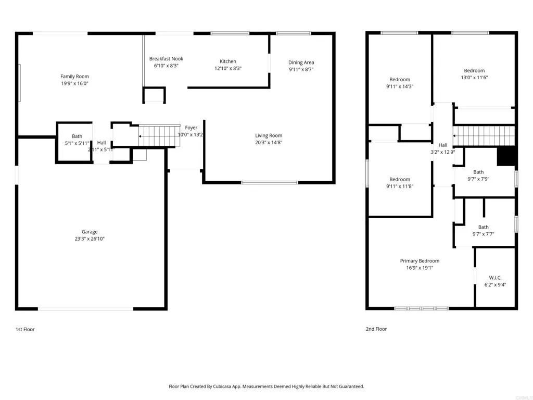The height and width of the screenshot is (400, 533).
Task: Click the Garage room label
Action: click(x=90, y=232)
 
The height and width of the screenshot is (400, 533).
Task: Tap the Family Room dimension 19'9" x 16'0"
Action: click(x=74, y=84)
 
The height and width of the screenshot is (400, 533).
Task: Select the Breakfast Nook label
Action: click(x=166, y=59)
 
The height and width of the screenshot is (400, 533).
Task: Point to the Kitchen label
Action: click(x=228, y=61)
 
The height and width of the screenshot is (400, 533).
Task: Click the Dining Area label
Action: click(x=301, y=63)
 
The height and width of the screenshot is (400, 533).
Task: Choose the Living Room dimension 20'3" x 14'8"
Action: click(x=269, y=143)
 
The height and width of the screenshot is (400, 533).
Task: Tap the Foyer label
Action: click(x=191, y=128)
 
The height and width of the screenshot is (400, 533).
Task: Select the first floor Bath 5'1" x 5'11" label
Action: click(x=77, y=136)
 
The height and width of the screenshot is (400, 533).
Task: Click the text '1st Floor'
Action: click(x=25, y=329)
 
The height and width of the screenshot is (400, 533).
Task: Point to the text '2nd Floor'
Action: click(x=376, y=329)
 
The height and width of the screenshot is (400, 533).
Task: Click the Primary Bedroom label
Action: click(x=420, y=261)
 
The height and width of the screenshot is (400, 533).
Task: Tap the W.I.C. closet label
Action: click(x=495, y=278)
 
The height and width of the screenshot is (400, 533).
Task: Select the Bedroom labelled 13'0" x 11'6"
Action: click(x=474, y=71)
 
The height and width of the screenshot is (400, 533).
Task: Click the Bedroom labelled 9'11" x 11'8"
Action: click(x=400, y=180)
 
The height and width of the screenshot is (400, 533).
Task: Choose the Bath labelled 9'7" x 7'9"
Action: click(x=478, y=172)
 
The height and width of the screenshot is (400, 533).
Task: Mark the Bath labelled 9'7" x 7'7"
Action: click(x=483, y=227)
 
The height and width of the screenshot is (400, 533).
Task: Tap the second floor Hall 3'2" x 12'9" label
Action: click(x=443, y=145)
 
